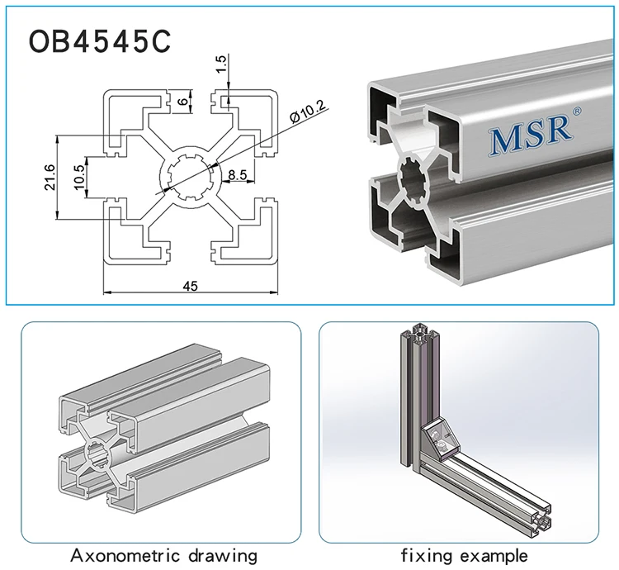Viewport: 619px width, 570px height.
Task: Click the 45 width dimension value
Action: (190, 285)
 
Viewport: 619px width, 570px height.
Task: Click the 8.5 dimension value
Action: (237, 174)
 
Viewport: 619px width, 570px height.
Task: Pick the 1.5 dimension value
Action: (220, 64)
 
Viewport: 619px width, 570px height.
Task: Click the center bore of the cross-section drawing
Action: (189, 175)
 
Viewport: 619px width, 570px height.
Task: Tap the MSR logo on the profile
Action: (531, 138)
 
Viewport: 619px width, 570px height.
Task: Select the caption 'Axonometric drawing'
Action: (163, 554)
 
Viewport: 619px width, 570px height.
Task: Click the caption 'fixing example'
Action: (464, 554)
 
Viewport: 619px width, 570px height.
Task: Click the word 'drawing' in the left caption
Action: (222, 554)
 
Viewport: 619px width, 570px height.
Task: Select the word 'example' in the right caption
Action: (492, 554)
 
